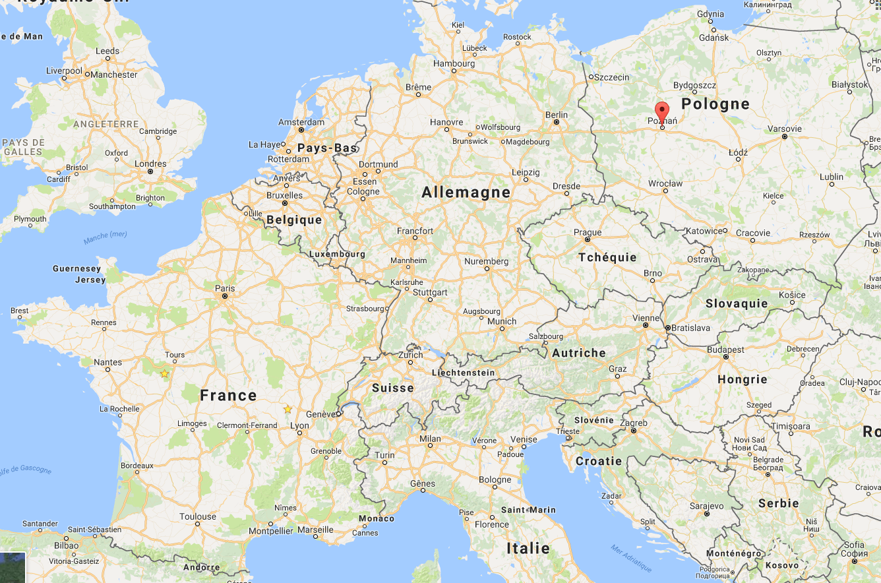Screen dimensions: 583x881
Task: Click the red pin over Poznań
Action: (x=661, y=111)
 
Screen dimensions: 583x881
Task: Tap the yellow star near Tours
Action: (x=164, y=374)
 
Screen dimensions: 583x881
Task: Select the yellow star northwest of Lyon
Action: (x=288, y=410)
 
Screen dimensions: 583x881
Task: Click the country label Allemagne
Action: (x=466, y=193)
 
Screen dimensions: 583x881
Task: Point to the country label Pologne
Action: (x=715, y=104)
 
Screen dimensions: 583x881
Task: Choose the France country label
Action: (x=228, y=396)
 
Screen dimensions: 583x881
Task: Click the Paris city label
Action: (x=225, y=288)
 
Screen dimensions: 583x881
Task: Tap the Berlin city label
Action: (x=557, y=115)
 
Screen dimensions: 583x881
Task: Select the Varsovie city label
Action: (x=785, y=129)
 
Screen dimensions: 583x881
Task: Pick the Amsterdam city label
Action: (x=301, y=122)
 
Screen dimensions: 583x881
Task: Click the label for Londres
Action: (x=150, y=164)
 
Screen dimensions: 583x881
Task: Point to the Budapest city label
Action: (x=725, y=350)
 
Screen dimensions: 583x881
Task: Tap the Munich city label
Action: (x=502, y=321)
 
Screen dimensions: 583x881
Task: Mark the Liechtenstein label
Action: (x=463, y=373)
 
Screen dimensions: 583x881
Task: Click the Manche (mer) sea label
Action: (x=106, y=237)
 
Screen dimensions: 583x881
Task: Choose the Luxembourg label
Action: (x=336, y=254)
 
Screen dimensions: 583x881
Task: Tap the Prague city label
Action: (x=588, y=232)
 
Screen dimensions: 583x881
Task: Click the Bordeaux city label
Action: (x=137, y=466)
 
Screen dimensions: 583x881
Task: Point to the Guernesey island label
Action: (x=76, y=268)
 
